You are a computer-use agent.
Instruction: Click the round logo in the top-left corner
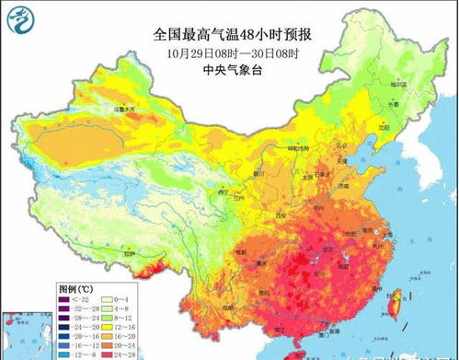tap(19, 16)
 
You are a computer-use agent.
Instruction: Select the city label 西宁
tap(222, 192)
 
